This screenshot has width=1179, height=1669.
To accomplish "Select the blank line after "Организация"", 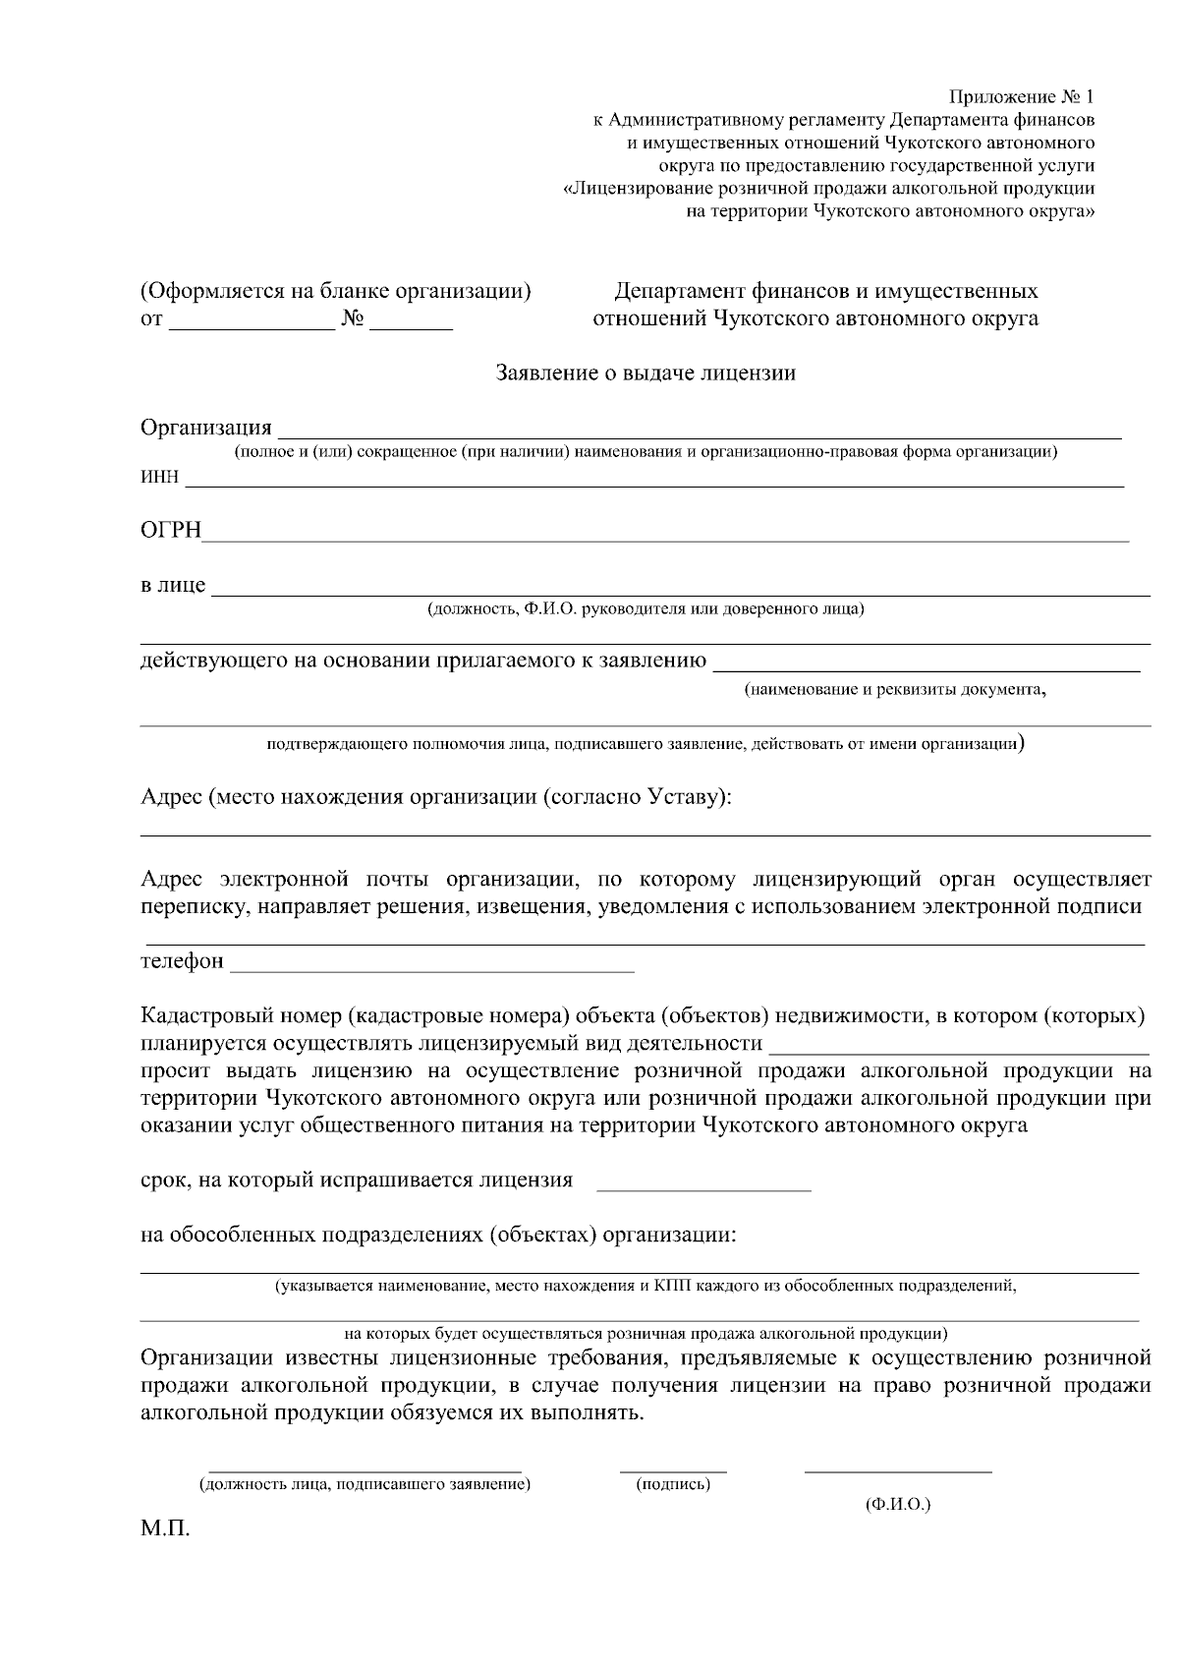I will click(699, 429).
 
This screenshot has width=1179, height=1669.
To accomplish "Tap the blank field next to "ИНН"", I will click(654, 480).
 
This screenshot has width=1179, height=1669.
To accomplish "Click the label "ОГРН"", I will click(171, 532).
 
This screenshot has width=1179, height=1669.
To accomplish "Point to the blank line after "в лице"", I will click(680, 588).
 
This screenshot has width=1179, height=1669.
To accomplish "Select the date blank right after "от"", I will click(252, 322).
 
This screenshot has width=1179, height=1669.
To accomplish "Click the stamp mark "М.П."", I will click(164, 1530).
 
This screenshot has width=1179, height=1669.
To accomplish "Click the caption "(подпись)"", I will click(673, 1484).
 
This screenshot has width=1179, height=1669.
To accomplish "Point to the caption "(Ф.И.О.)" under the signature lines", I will click(898, 1505).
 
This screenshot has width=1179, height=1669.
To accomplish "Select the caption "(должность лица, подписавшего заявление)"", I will click(365, 1484).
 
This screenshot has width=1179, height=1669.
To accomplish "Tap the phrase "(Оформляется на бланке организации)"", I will click(336, 292).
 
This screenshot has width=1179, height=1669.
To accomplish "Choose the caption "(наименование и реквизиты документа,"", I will click(895, 690).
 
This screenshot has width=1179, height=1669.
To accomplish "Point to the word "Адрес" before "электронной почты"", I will click(172, 879).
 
